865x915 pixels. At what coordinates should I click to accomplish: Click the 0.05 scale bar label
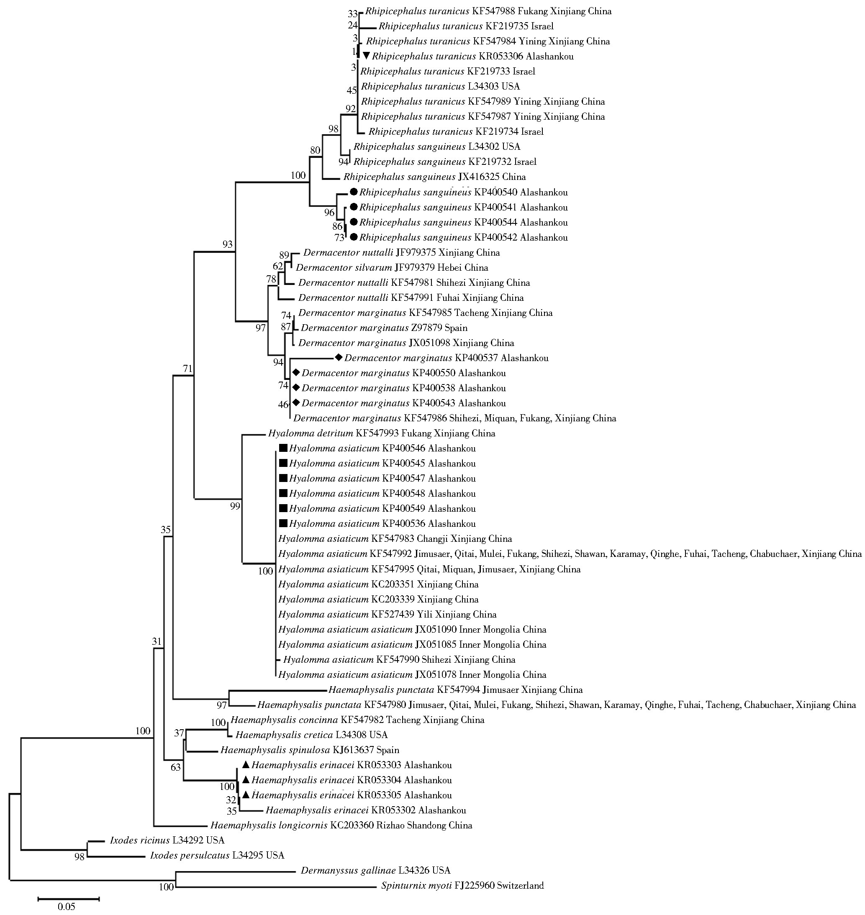point(67,907)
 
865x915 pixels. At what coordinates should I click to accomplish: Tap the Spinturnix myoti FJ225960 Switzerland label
point(462,885)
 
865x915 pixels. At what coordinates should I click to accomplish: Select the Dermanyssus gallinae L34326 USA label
point(375,870)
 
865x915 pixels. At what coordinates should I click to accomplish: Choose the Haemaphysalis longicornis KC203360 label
point(341,825)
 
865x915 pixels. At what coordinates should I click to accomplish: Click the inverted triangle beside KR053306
point(367,56)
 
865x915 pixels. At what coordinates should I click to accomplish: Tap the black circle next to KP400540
point(354,192)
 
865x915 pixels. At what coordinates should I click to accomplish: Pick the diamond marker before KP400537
point(339,357)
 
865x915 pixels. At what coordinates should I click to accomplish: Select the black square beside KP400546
point(283,448)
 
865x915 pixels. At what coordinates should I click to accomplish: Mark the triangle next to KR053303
point(246,765)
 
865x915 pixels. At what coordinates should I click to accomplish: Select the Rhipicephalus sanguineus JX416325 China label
point(434,177)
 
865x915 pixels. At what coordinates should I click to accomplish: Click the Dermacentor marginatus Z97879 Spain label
point(384,328)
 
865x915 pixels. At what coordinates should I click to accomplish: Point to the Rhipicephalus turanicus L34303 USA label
point(440,86)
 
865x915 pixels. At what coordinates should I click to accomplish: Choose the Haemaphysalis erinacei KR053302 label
point(366,810)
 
